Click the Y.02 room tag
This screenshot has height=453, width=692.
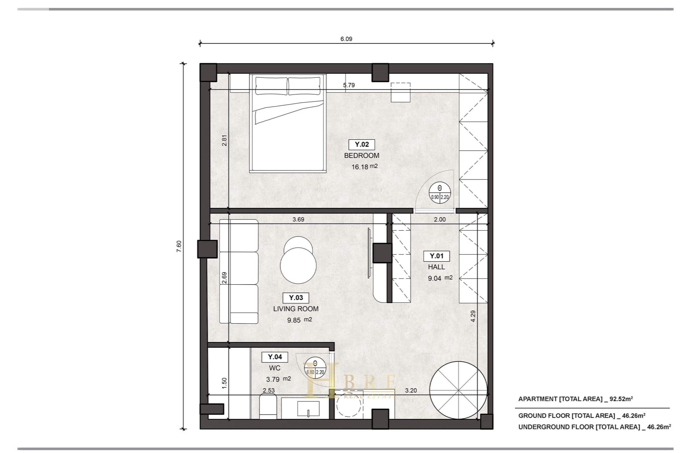[x=362, y=145]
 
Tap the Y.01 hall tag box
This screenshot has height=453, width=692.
[x=437, y=256]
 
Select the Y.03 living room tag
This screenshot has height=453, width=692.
[x=296, y=298]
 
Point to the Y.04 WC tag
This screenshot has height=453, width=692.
[x=275, y=357]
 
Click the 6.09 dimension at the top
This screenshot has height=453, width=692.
[x=346, y=39]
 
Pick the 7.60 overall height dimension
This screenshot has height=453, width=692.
[x=179, y=246]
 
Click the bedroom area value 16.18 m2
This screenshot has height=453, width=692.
[x=365, y=167]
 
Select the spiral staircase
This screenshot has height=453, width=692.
[x=458, y=390]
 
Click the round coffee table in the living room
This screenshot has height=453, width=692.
[x=298, y=260]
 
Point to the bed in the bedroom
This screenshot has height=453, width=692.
[x=288, y=123]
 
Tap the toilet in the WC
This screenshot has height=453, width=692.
[x=268, y=406]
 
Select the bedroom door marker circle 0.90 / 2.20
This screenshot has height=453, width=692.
[x=440, y=192]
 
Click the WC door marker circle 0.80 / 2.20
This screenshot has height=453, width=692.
[x=315, y=368]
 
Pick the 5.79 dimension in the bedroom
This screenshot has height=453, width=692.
[x=349, y=85]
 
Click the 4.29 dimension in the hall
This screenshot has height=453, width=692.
[x=473, y=316]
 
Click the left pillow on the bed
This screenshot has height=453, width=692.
[x=271, y=86]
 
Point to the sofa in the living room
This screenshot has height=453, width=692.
[x=239, y=272]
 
